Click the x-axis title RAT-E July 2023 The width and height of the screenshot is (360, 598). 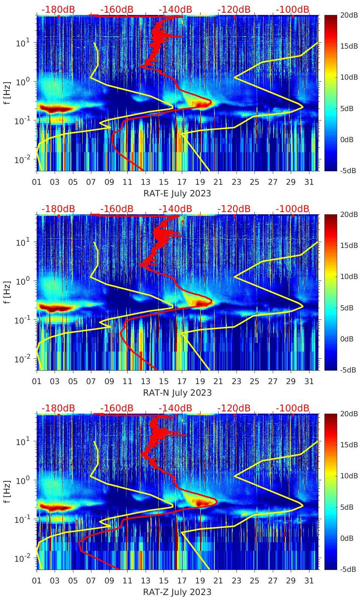click(177, 193)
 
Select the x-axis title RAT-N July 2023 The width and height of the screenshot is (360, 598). click(177, 393)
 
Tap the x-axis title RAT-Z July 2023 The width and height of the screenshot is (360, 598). click(177, 592)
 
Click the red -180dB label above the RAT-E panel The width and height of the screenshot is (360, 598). click(58, 9)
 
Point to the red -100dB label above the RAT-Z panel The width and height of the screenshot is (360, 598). click(293, 408)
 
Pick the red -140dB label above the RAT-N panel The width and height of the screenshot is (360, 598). click(175, 209)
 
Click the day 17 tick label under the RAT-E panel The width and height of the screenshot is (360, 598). click(182, 182)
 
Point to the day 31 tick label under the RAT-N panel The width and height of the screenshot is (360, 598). click(309, 381)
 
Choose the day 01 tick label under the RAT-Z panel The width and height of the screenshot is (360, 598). click(37, 581)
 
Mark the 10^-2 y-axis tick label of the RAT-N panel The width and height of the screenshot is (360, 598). click(21, 359)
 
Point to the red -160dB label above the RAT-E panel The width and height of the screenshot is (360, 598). click(117, 9)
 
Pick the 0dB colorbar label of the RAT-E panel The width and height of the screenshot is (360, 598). click(347, 139)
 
